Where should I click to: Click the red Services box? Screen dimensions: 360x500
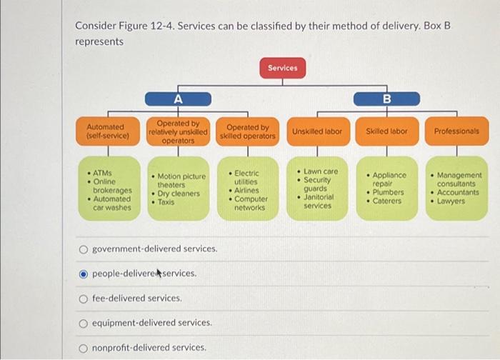[x=282, y=68]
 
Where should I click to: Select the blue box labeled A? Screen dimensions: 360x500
[x=178, y=99]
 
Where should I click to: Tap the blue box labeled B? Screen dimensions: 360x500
[x=386, y=99]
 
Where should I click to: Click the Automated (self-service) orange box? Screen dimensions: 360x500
[x=108, y=131]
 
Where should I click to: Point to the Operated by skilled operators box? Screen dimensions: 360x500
[x=247, y=131]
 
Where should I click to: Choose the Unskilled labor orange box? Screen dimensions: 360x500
[x=317, y=131]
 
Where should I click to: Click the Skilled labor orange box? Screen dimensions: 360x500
[x=386, y=131]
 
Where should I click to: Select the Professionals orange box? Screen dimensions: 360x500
[x=456, y=131]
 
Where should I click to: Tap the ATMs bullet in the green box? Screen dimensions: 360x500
[x=103, y=173]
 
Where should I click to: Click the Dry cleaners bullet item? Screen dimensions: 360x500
[x=179, y=194]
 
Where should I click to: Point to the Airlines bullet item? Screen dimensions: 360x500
[x=247, y=191]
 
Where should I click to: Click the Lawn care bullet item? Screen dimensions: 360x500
[x=321, y=171]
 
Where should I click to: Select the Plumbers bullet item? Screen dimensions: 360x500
[x=389, y=192]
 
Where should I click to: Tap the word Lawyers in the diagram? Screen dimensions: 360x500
[x=451, y=201]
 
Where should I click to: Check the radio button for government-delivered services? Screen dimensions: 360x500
[x=84, y=249]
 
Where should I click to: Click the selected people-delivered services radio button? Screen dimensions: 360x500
[x=84, y=274]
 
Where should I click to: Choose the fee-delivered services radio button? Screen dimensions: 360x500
[x=84, y=298]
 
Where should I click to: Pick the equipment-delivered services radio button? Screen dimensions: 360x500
[x=84, y=323]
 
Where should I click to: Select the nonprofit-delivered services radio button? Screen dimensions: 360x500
[x=84, y=348]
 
